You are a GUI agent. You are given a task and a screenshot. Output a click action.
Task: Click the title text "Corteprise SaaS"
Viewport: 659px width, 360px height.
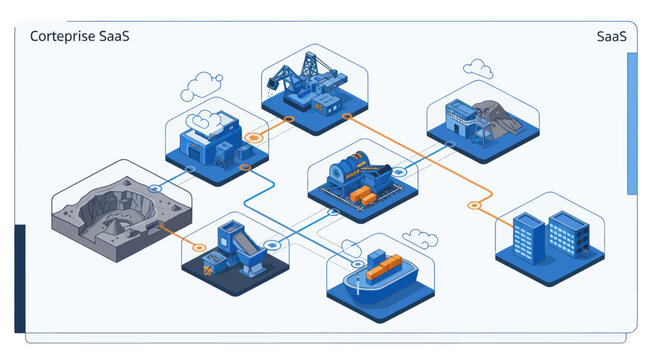[x=79, y=37]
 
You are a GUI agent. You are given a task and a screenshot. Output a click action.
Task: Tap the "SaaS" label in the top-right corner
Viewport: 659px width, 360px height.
[x=610, y=37]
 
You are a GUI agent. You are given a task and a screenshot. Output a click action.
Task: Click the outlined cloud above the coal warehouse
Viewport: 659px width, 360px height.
[x=478, y=69]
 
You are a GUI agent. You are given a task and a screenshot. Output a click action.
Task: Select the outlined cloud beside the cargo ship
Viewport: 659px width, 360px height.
[x=420, y=239]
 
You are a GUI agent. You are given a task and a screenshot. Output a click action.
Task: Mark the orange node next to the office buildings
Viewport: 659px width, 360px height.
[x=474, y=205]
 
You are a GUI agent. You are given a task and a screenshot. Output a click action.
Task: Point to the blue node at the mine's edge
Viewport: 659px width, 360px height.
[x=155, y=188]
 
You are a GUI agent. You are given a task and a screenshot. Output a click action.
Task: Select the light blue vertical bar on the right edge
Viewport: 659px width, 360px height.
[x=631, y=122]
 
